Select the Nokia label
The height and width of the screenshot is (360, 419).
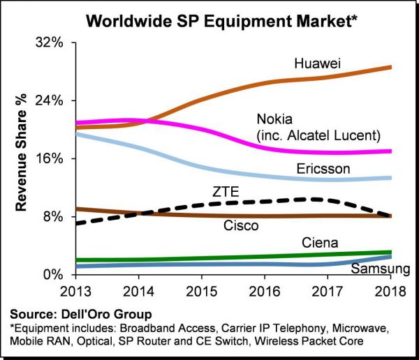click(x=276, y=119)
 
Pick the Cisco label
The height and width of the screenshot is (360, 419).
click(x=241, y=226)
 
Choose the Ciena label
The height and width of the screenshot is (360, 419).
click(x=320, y=243)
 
